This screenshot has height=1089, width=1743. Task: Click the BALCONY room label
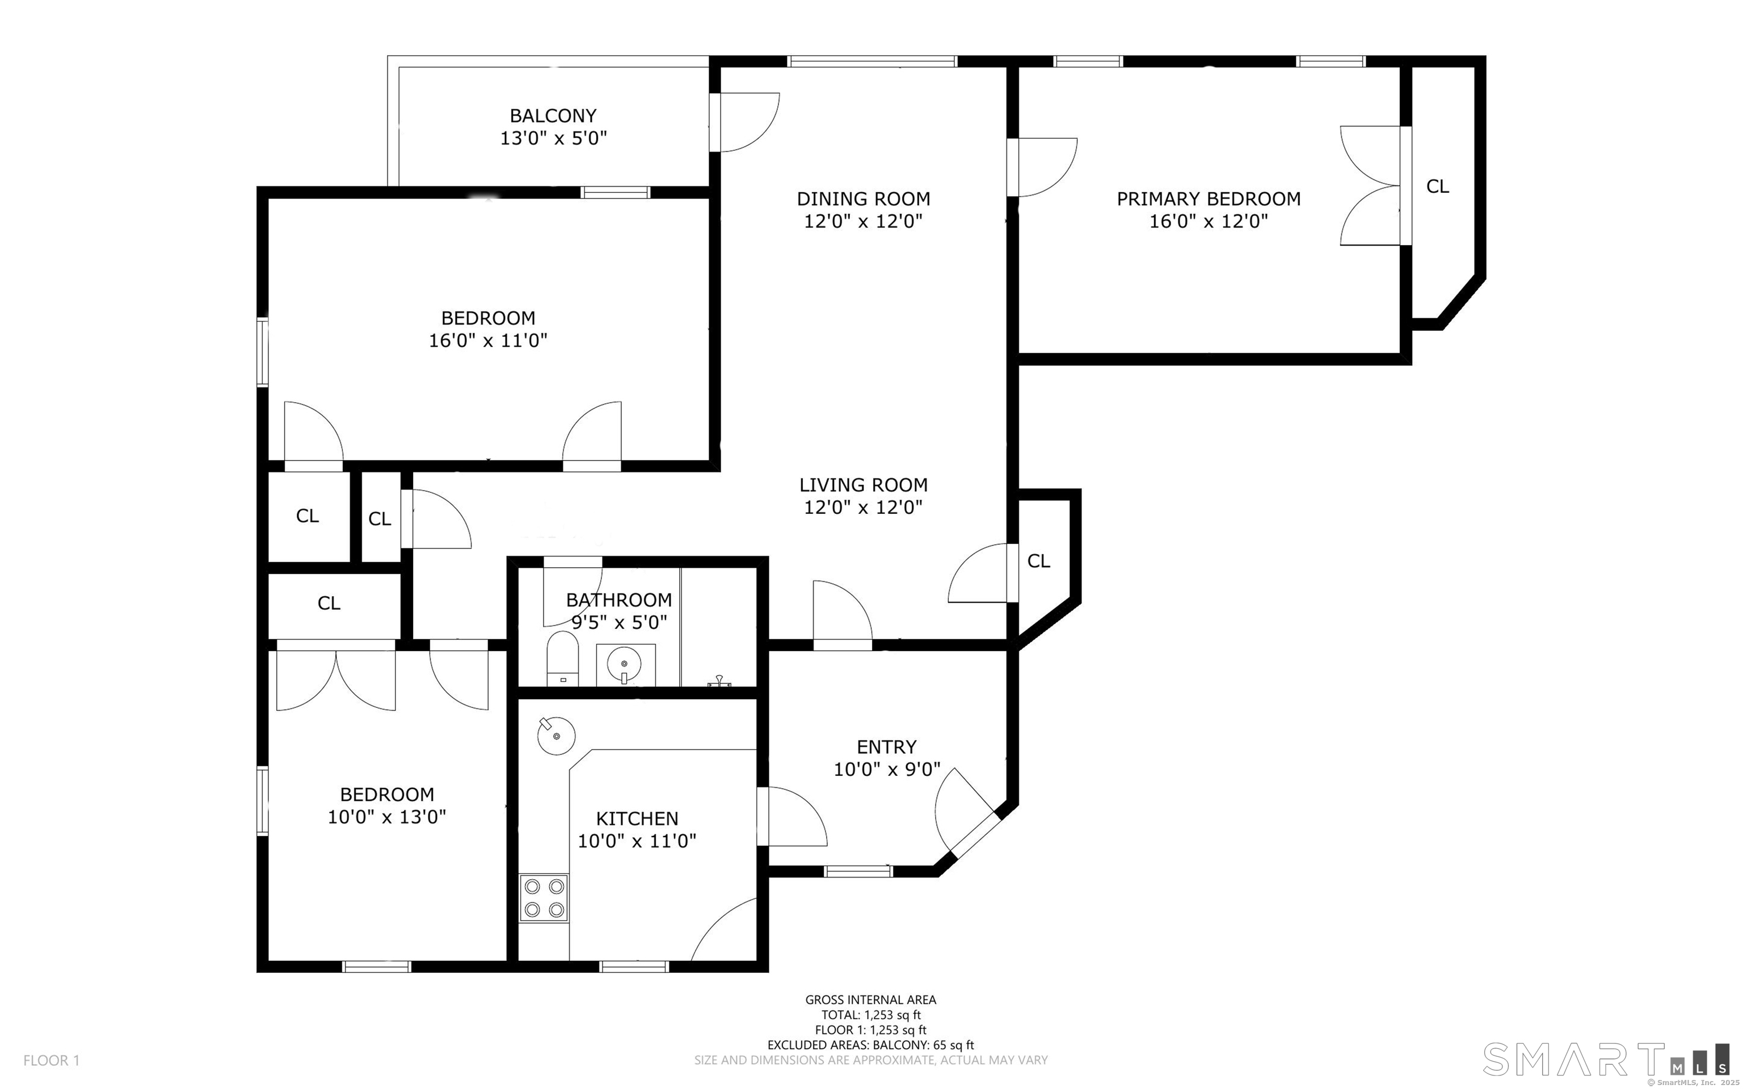553,116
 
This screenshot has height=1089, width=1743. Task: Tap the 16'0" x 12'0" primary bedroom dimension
1208,221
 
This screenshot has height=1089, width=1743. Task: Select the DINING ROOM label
863,199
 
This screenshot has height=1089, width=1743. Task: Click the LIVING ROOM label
863,485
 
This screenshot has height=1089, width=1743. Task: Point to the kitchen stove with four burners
544,898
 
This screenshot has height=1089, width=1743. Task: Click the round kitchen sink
556,736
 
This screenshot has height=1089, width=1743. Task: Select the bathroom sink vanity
625,664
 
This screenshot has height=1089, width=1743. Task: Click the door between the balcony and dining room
746,123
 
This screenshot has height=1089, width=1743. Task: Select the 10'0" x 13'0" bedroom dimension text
387,817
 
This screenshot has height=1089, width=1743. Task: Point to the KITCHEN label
637,818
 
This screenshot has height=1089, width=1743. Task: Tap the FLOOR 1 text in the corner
51,1060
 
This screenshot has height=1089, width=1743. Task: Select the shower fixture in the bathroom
718,681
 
